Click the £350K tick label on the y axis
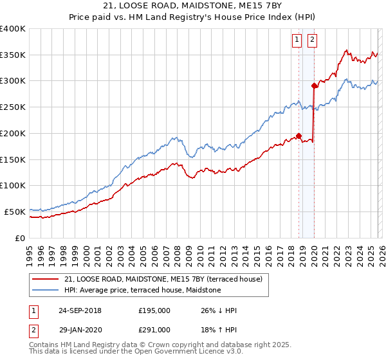[13, 55]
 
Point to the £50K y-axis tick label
[15, 212]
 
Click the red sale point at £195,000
[299, 136]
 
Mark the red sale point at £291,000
[315, 85]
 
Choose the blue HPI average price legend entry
[142, 291]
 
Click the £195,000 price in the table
[154, 310]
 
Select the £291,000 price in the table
[154, 330]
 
